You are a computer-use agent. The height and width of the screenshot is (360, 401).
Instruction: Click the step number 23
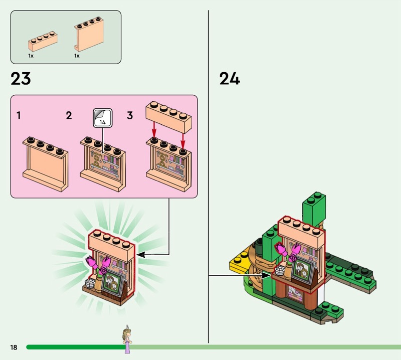click(x=20, y=79)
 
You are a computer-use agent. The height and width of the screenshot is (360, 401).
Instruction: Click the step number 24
click(x=230, y=79)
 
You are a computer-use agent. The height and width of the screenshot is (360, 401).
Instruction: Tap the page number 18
click(x=13, y=347)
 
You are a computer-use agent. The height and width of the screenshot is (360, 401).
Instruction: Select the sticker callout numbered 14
click(x=102, y=118)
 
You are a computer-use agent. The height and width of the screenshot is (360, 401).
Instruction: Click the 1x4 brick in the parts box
click(x=43, y=40)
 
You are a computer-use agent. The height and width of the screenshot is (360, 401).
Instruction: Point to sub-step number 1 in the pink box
click(x=19, y=116)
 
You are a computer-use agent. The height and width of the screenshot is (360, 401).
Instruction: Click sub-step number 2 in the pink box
click(x=69, y=116)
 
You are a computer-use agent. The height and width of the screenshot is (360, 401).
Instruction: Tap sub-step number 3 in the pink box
click(x=130, y=116)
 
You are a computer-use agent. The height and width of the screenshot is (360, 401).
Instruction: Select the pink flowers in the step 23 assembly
click(x=99, y=262)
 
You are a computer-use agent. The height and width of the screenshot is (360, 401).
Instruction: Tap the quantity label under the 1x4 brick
click(x=31, y=56)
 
